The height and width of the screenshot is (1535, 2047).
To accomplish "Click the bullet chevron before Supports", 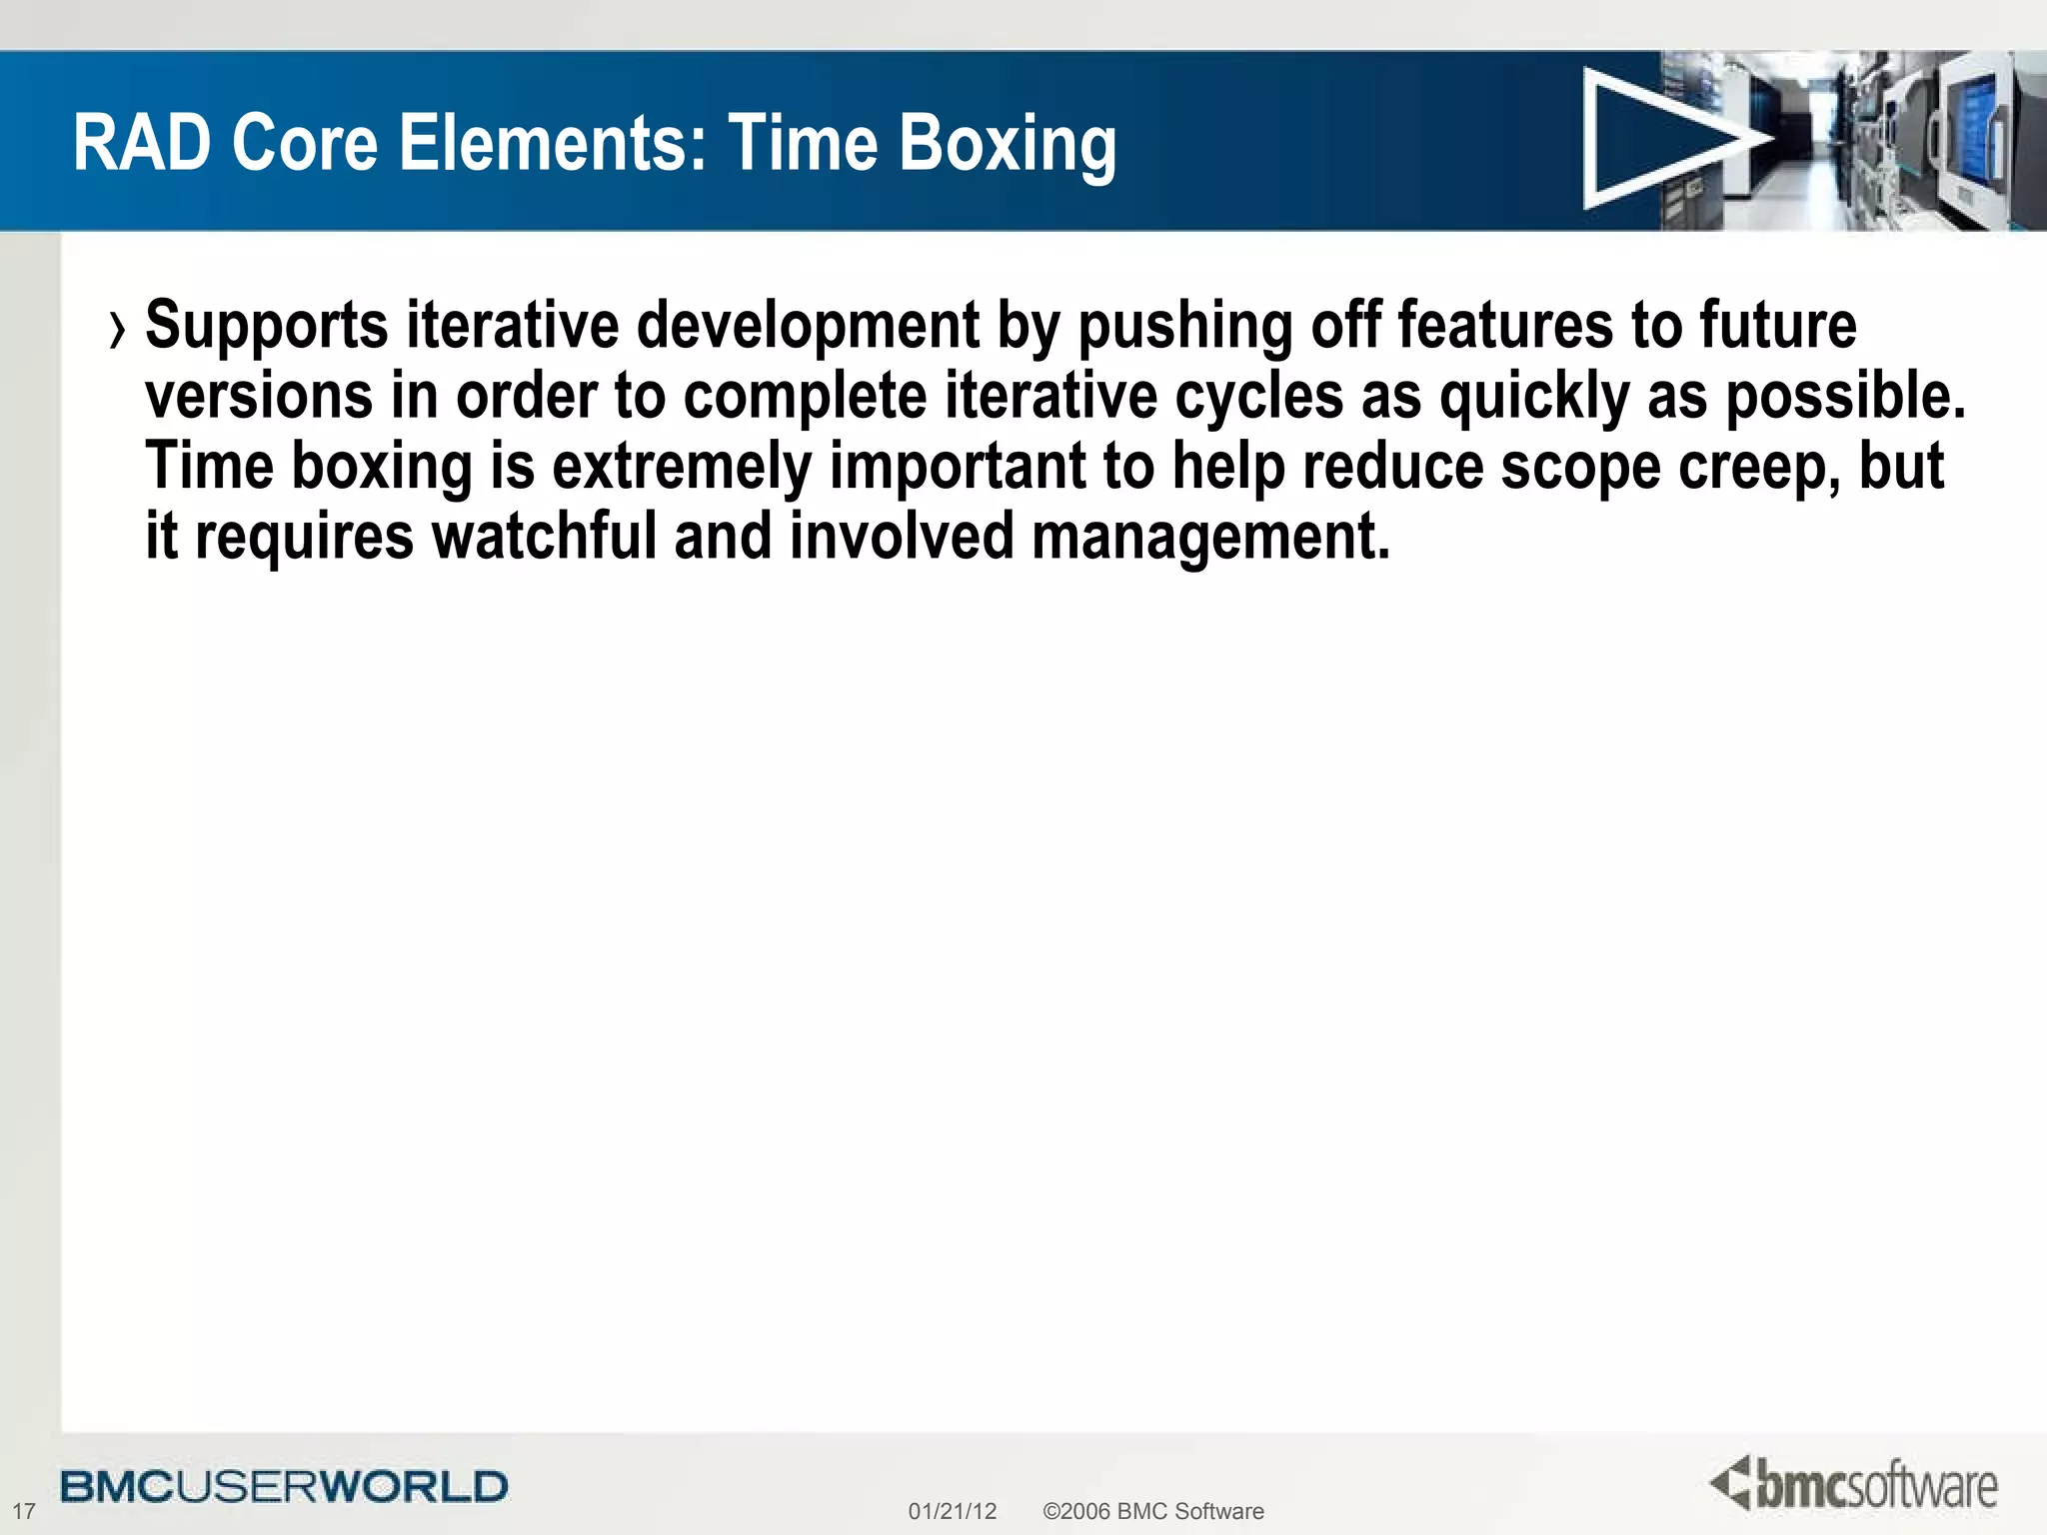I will point(119,331).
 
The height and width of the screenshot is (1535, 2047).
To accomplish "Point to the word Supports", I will point(266,328).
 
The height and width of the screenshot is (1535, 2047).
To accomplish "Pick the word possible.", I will point(1845,398).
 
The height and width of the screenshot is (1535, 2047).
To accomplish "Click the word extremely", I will point(682,468).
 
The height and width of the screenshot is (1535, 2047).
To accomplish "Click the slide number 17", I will point(23,1511).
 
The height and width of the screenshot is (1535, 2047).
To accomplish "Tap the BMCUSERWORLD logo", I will point(284,1486).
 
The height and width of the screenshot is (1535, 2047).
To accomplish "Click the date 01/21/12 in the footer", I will point(952,1511).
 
